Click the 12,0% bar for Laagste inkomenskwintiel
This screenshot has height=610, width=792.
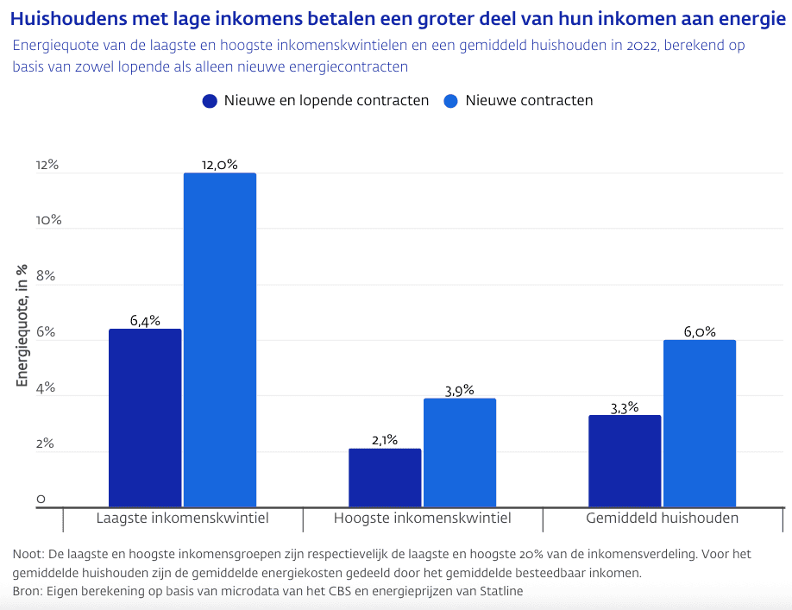click(220, 340)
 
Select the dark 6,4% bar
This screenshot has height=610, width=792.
click(145, 418)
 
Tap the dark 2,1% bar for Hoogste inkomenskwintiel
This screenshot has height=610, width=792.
click(385, 478)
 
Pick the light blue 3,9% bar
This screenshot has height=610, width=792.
click(460, 453)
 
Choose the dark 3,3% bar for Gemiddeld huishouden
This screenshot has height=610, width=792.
click(625, 462)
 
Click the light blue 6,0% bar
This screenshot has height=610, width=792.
click(700, 424)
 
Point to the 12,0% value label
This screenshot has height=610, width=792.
click(219, 164)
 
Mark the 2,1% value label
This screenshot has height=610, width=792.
click(385, 440)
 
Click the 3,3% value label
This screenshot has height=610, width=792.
click(624, 407)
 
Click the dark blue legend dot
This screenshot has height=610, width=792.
click(210, 101)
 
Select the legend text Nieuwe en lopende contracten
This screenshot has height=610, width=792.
click(326, 101)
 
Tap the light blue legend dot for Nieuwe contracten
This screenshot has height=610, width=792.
click(450, 101)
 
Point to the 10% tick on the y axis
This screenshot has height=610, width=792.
click(48, 220)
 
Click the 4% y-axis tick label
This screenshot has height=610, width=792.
click(46, 388)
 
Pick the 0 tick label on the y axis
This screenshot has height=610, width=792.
click(41, 500)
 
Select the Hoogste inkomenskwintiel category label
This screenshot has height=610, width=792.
click(423, 519)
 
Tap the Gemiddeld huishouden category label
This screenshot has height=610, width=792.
click(663, 519)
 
